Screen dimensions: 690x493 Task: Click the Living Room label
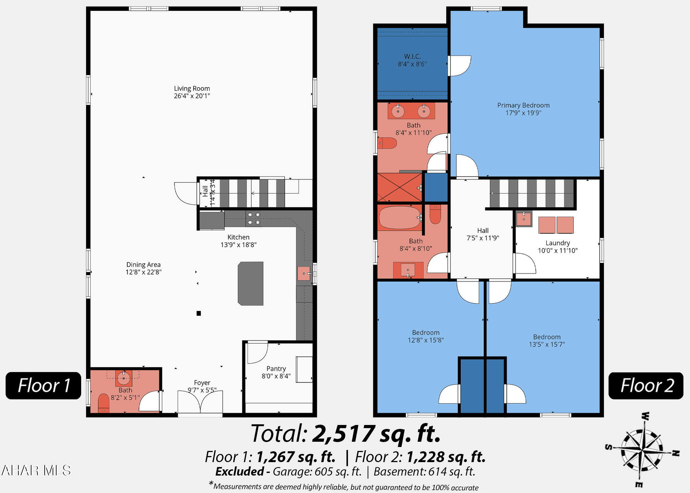click(192, 88)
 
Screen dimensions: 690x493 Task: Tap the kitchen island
click(251, 283)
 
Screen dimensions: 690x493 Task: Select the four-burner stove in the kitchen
click(254, 219)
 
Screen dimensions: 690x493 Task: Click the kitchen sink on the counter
click(304, 273)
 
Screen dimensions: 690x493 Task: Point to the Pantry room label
click(276, 369)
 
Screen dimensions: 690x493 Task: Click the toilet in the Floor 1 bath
click(103, 403)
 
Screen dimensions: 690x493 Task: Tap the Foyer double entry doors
click(200, 401)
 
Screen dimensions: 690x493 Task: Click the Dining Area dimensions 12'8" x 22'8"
click(144, 272)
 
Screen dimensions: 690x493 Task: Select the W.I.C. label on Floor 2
click(412, 57)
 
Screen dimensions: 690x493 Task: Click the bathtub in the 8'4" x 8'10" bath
click(400, 217)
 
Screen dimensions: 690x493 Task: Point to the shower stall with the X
click(400, 187)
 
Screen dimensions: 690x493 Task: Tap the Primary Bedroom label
click(523, 105)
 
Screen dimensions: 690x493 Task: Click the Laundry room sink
click(524, 219)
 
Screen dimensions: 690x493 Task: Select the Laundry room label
click(558, 243)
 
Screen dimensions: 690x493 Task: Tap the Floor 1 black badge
click(43, 386)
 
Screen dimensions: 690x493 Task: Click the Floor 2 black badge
click(646, 386)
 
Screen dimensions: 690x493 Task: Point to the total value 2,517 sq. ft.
click(376, 434)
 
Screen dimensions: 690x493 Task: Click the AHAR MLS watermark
click(36, 470)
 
